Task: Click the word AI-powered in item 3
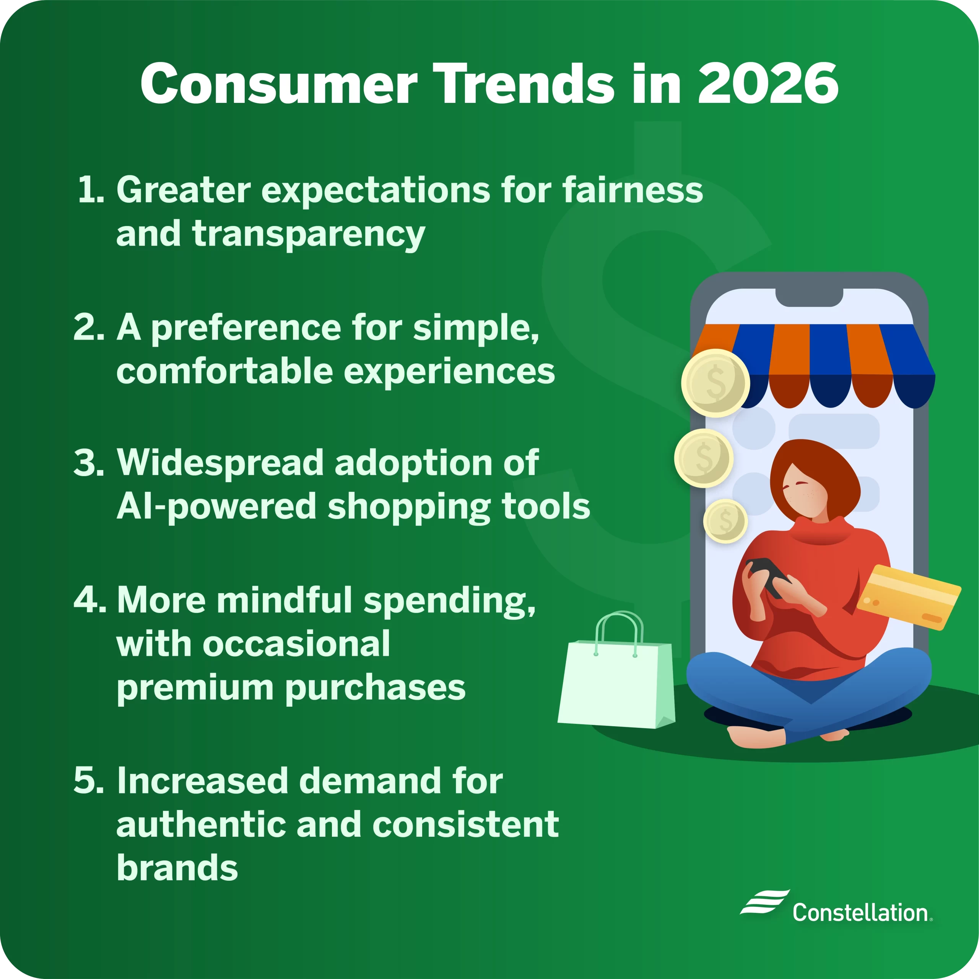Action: (216, 506)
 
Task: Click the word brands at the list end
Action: (177, 868)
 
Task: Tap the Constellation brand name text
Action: (861, 912)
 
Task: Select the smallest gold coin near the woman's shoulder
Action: (725, 520)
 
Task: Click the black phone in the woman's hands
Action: (768, 575)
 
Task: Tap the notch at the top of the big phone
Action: (809, 298)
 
